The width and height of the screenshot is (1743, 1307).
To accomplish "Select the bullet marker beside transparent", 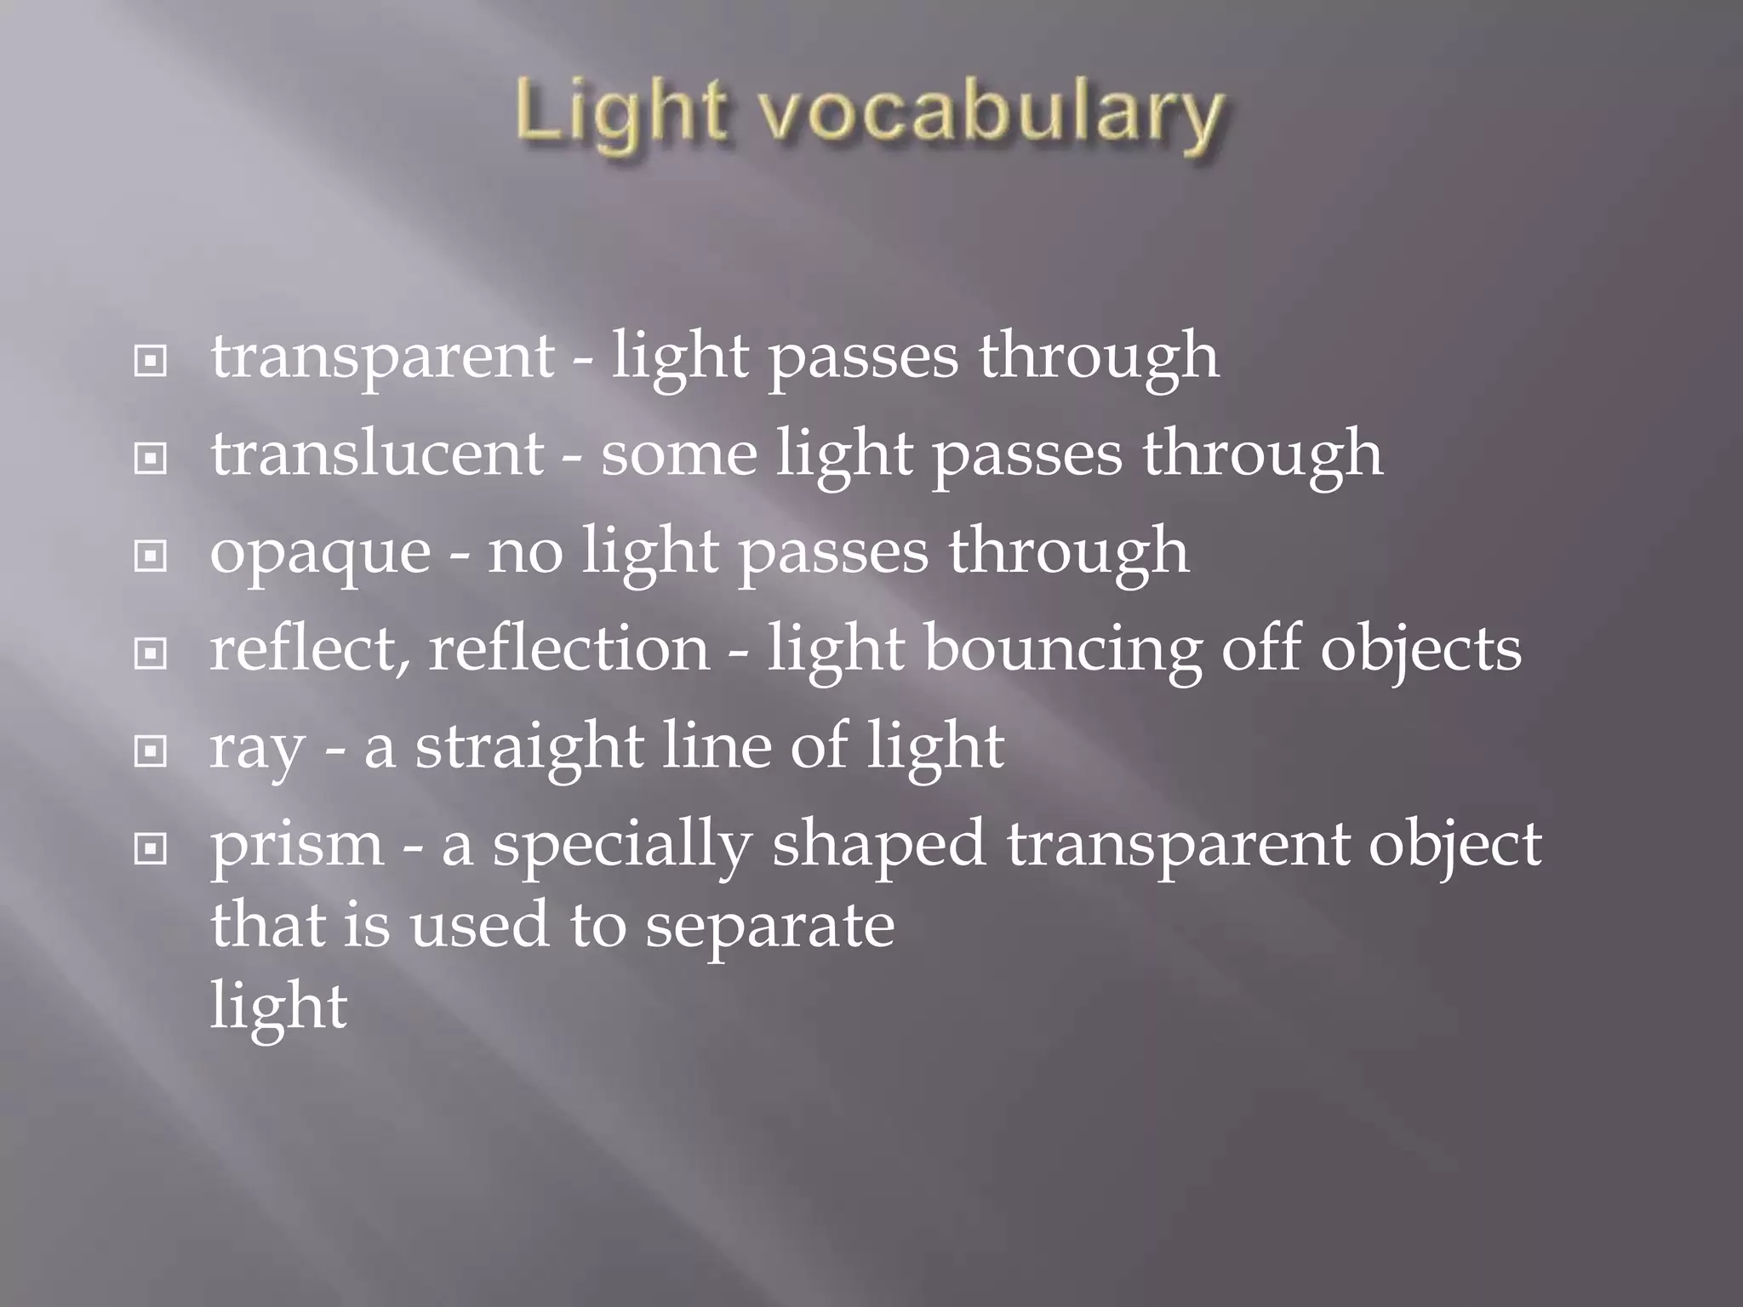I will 151,362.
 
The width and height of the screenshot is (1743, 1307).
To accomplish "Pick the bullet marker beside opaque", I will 151,557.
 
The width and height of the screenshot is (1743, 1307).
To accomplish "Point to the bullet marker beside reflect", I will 151,654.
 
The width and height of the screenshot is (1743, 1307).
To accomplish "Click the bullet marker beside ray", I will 151,751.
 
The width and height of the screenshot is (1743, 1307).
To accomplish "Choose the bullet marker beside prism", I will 151,848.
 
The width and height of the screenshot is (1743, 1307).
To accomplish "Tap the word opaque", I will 320,553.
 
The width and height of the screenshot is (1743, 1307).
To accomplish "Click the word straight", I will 529,746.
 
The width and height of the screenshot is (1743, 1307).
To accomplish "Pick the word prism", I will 297,845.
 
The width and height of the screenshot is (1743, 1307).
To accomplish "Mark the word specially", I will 622,845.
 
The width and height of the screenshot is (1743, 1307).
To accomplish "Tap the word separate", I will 769,926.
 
